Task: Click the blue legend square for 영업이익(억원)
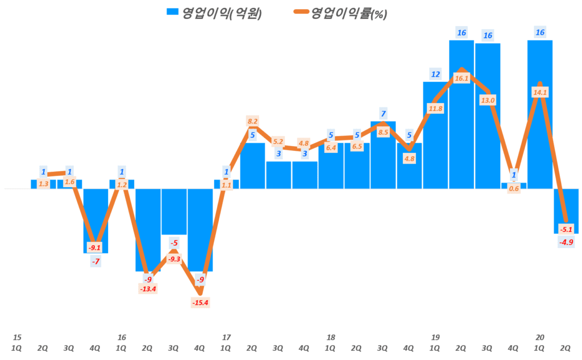coord(171,13)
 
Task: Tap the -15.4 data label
coord(200,302)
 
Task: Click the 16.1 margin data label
coord(462,78)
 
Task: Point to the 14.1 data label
coord(540,93)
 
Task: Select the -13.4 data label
coord(148,289)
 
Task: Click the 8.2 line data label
coord(252,121)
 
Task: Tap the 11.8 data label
coord(435,109)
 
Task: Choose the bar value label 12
coord(435,74)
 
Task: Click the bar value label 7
coord(383,113)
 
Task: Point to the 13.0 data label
coord(488,100)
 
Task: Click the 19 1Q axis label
coord(435,342)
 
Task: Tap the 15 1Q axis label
coord(17,342)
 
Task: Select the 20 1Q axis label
coord(540,342)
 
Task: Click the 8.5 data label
coord(383,133)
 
